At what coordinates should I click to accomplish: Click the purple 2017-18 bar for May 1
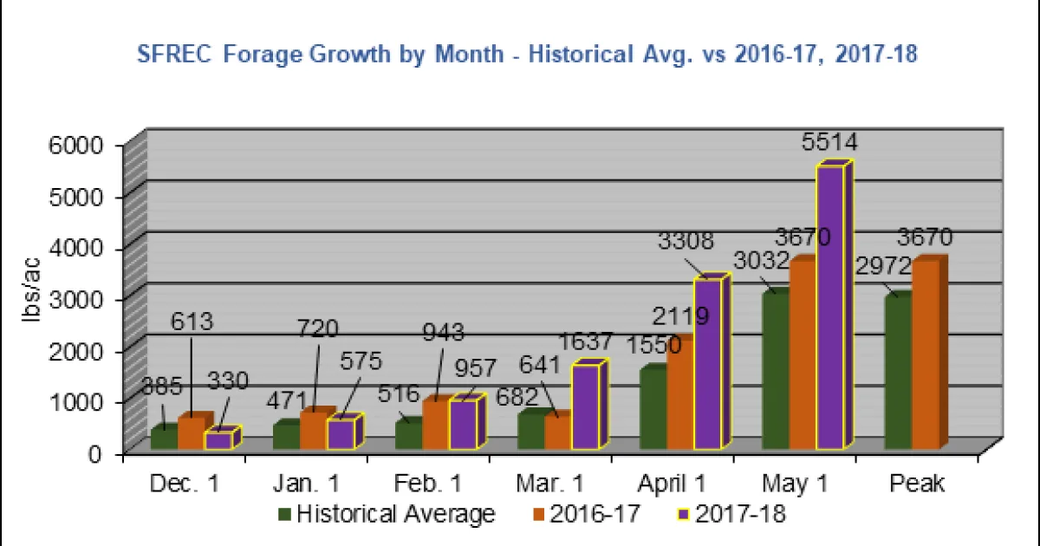tap(829, 308)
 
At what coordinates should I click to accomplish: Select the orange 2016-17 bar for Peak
tap(926, 355)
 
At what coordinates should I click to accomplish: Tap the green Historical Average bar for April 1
tap(653, 407)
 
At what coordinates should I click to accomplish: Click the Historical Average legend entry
tap(387, 514)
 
